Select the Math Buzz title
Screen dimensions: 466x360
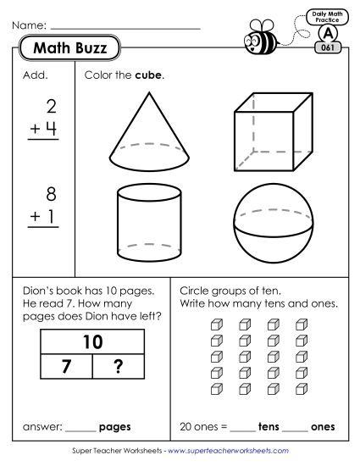(69, 49)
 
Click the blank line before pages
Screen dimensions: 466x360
(80, 428)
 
